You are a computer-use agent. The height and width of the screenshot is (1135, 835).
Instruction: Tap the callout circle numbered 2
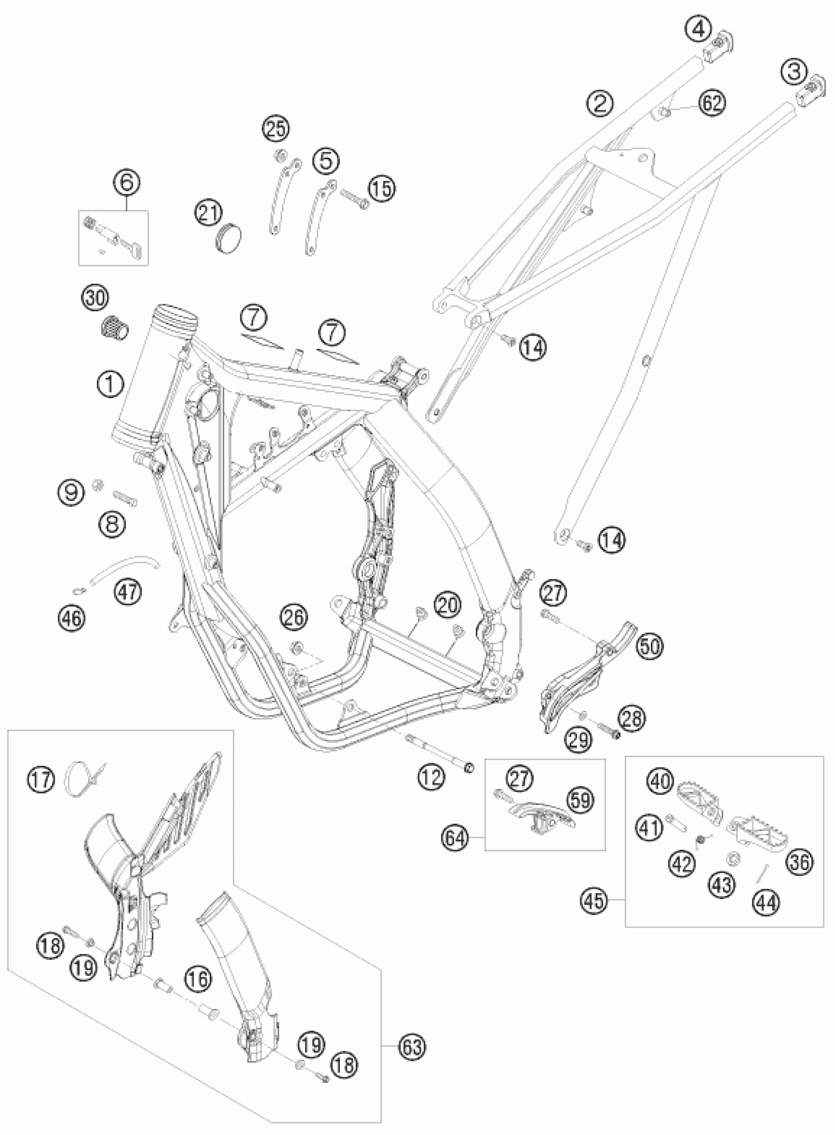599,104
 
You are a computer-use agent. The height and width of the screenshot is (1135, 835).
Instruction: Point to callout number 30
96,298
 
